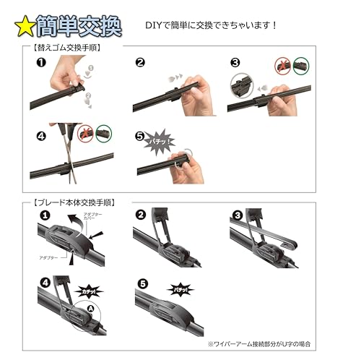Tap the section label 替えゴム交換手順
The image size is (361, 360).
coord(66,48)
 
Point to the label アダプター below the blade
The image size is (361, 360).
coord(50,256)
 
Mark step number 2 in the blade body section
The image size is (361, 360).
coord(140,215)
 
